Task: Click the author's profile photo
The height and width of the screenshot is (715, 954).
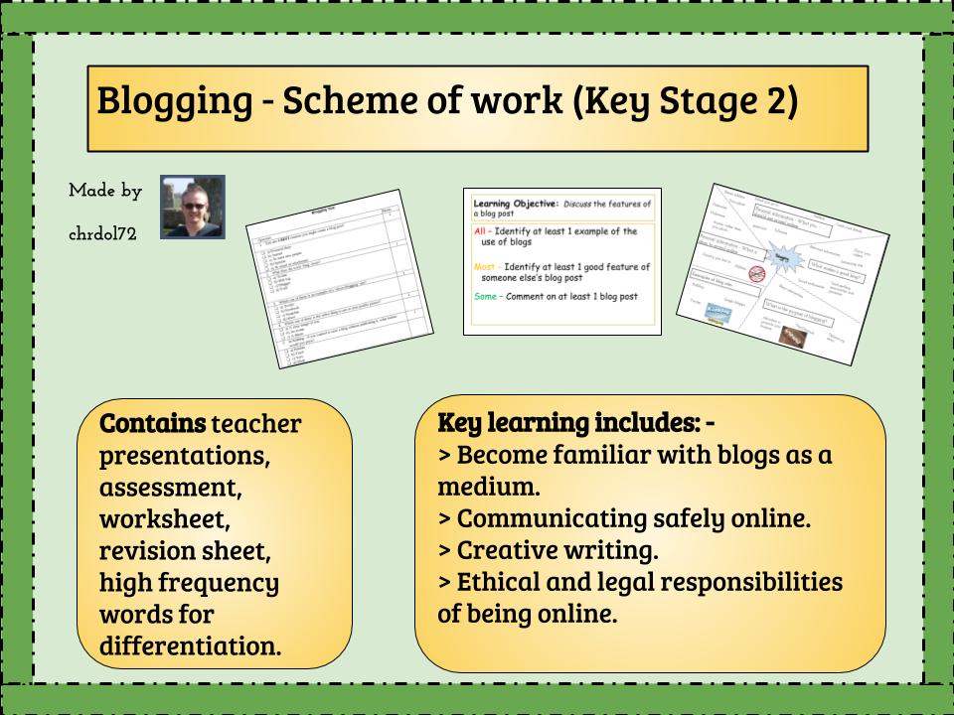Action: point(193,208)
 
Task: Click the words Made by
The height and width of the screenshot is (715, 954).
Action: point(105,189)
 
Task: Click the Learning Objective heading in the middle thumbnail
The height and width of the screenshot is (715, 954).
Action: point(524,205)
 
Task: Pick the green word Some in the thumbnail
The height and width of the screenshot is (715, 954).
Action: point(487,297)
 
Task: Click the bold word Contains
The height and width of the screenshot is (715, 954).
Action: point(151,425)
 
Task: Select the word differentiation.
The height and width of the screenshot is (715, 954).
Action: point(190,646)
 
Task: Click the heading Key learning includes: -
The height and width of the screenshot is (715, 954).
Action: point(576,423)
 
